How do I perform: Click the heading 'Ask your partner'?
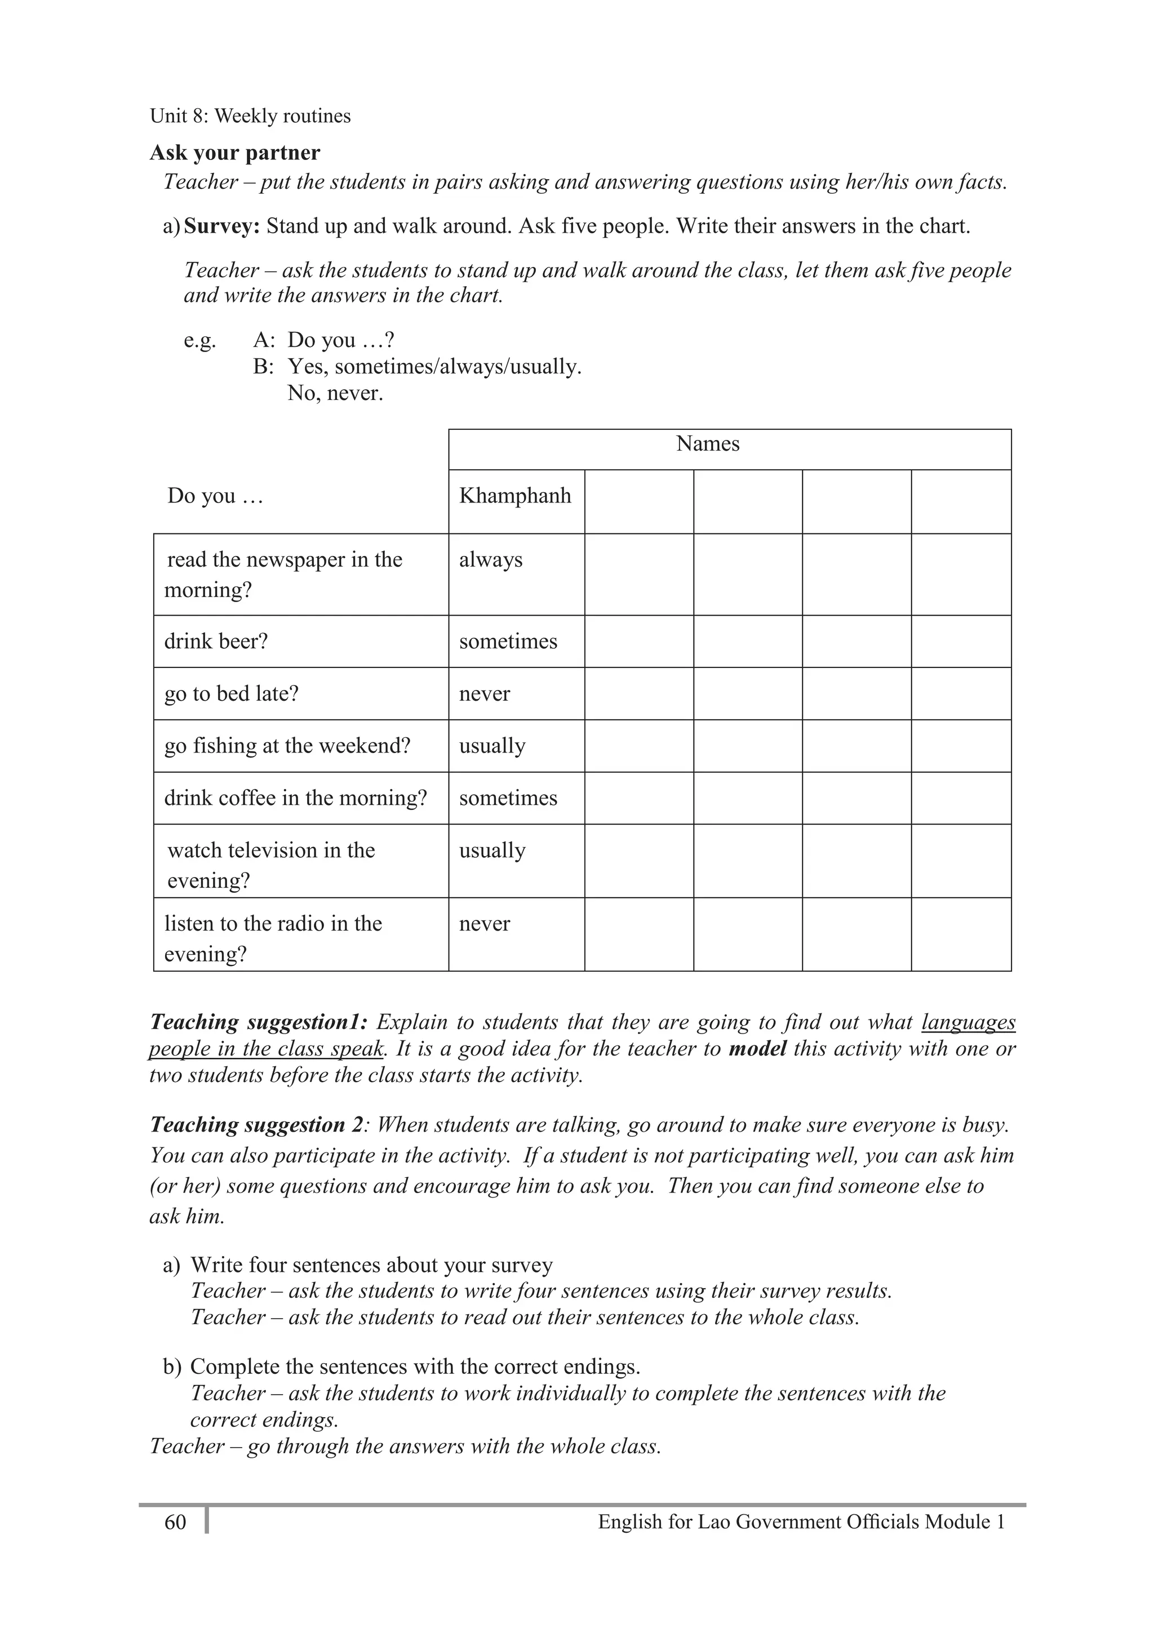tap(235, 153)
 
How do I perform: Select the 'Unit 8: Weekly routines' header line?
tap(250, 115)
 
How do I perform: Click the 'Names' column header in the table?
tap(707, 444)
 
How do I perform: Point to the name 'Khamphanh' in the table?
tap(514, 495)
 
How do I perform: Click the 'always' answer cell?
tap(490, 559)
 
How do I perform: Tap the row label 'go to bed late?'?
tap(231, 693)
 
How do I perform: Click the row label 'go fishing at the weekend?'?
tap(287, 746)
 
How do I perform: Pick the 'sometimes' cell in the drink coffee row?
tap(508, 798)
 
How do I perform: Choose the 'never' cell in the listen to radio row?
tap(484, 923)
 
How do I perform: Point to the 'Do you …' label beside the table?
tap(215, 495)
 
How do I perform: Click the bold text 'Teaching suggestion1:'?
tap(258, 1022)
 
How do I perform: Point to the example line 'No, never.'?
tap(335, 393)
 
